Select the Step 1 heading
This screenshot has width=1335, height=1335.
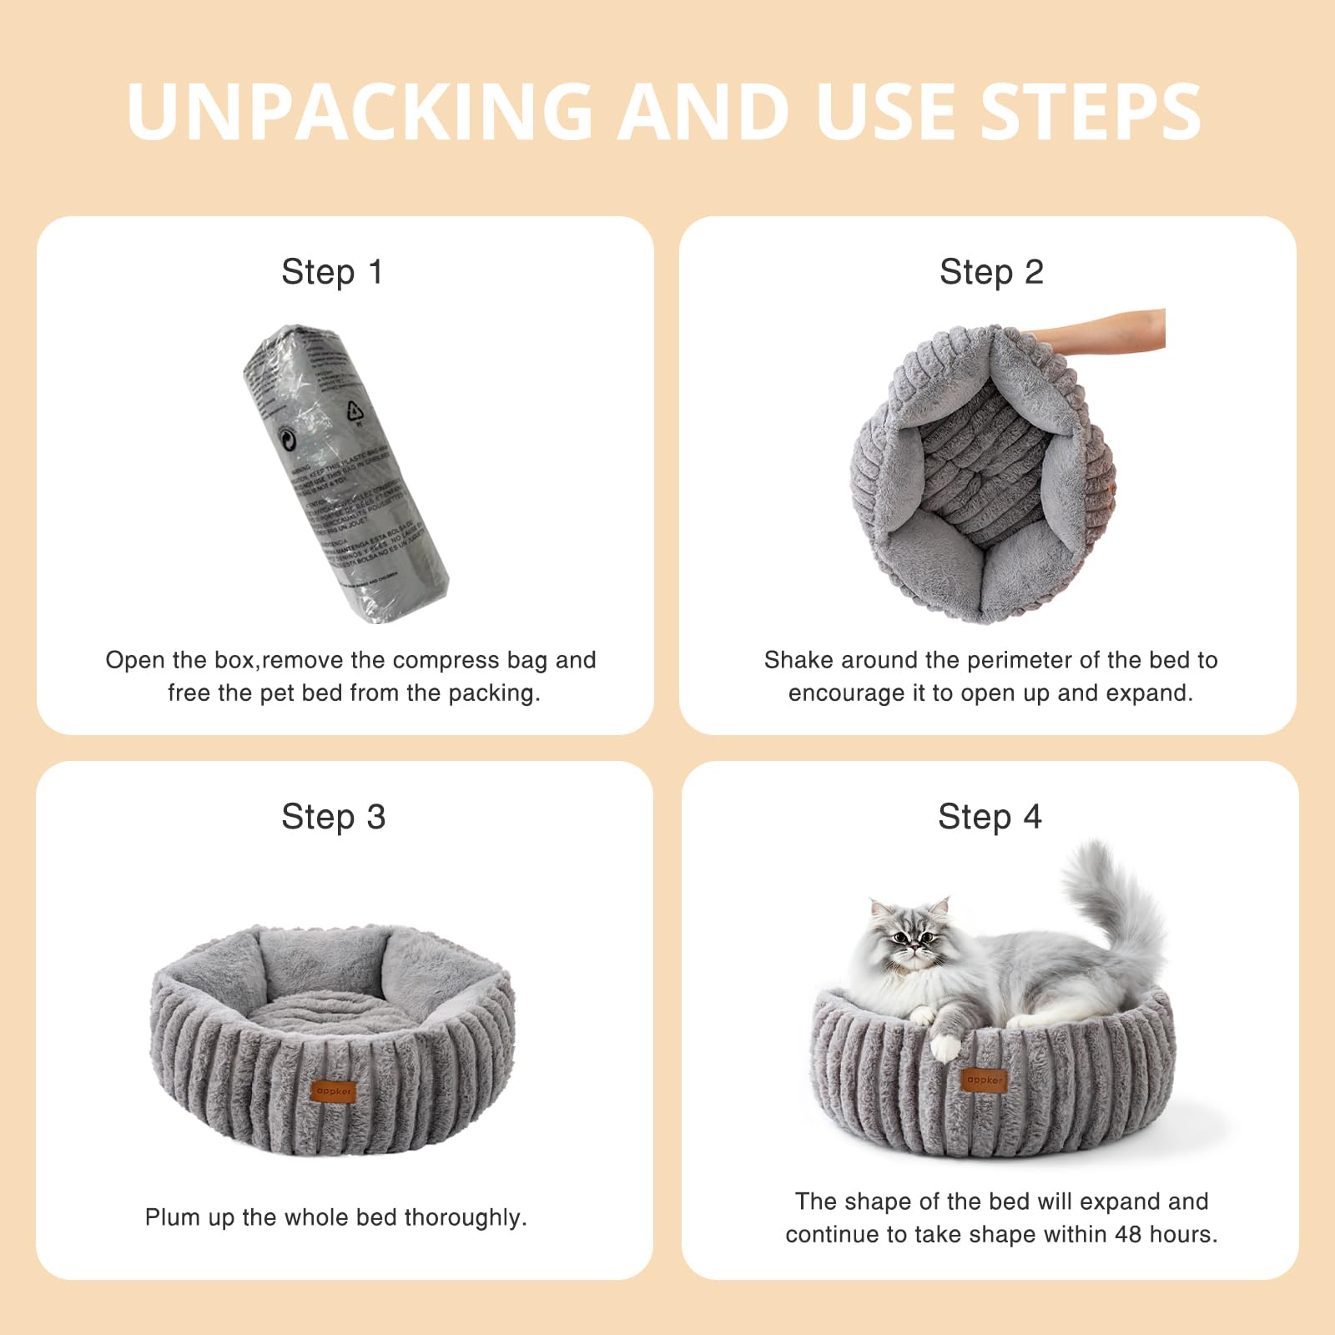(x=332, y=272)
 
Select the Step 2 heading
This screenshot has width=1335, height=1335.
(x=991, y=272)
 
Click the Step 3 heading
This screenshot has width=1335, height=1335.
(x=333, y=817)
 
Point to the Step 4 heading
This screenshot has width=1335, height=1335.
(x=990, y=817)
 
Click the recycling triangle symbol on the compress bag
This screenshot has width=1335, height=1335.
(x=355, y=411)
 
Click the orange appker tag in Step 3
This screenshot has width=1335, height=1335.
(x=333, y=1091)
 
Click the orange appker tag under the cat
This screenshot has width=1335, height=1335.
(x=985, y=1080)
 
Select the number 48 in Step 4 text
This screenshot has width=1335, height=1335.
(x=1127, y=1234)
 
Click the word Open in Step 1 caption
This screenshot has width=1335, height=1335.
(x=135, y=660)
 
